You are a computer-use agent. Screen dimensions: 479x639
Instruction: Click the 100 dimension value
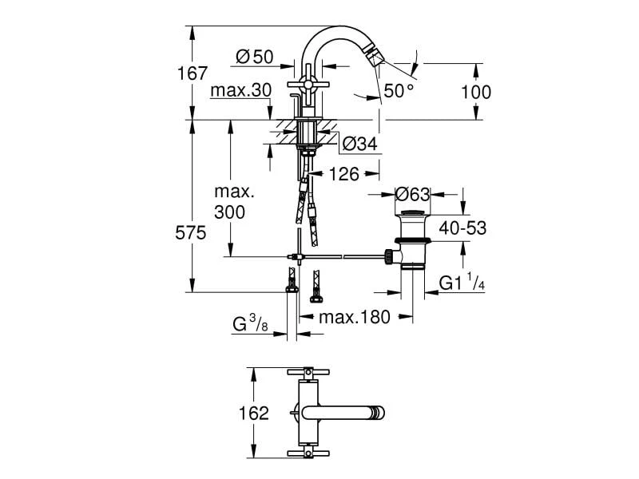(x=476, y=92)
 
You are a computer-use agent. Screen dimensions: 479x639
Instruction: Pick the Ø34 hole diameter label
(x=359, y=144)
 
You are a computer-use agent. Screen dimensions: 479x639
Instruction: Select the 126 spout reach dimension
(x=343, y=173)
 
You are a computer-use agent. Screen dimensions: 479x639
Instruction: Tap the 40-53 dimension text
(x=463, y=228)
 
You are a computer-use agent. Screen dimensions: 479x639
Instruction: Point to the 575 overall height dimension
(x=191, y=233)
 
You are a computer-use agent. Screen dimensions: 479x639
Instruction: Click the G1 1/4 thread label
(x=463, y=283)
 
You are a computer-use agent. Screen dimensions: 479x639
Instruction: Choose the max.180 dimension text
(x=355, y=318)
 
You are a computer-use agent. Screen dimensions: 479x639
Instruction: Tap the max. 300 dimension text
(x=233, y=203)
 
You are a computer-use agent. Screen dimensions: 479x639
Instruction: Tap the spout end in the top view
(x=376, y=413)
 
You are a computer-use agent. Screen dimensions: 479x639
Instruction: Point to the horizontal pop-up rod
(x=343, y=256)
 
